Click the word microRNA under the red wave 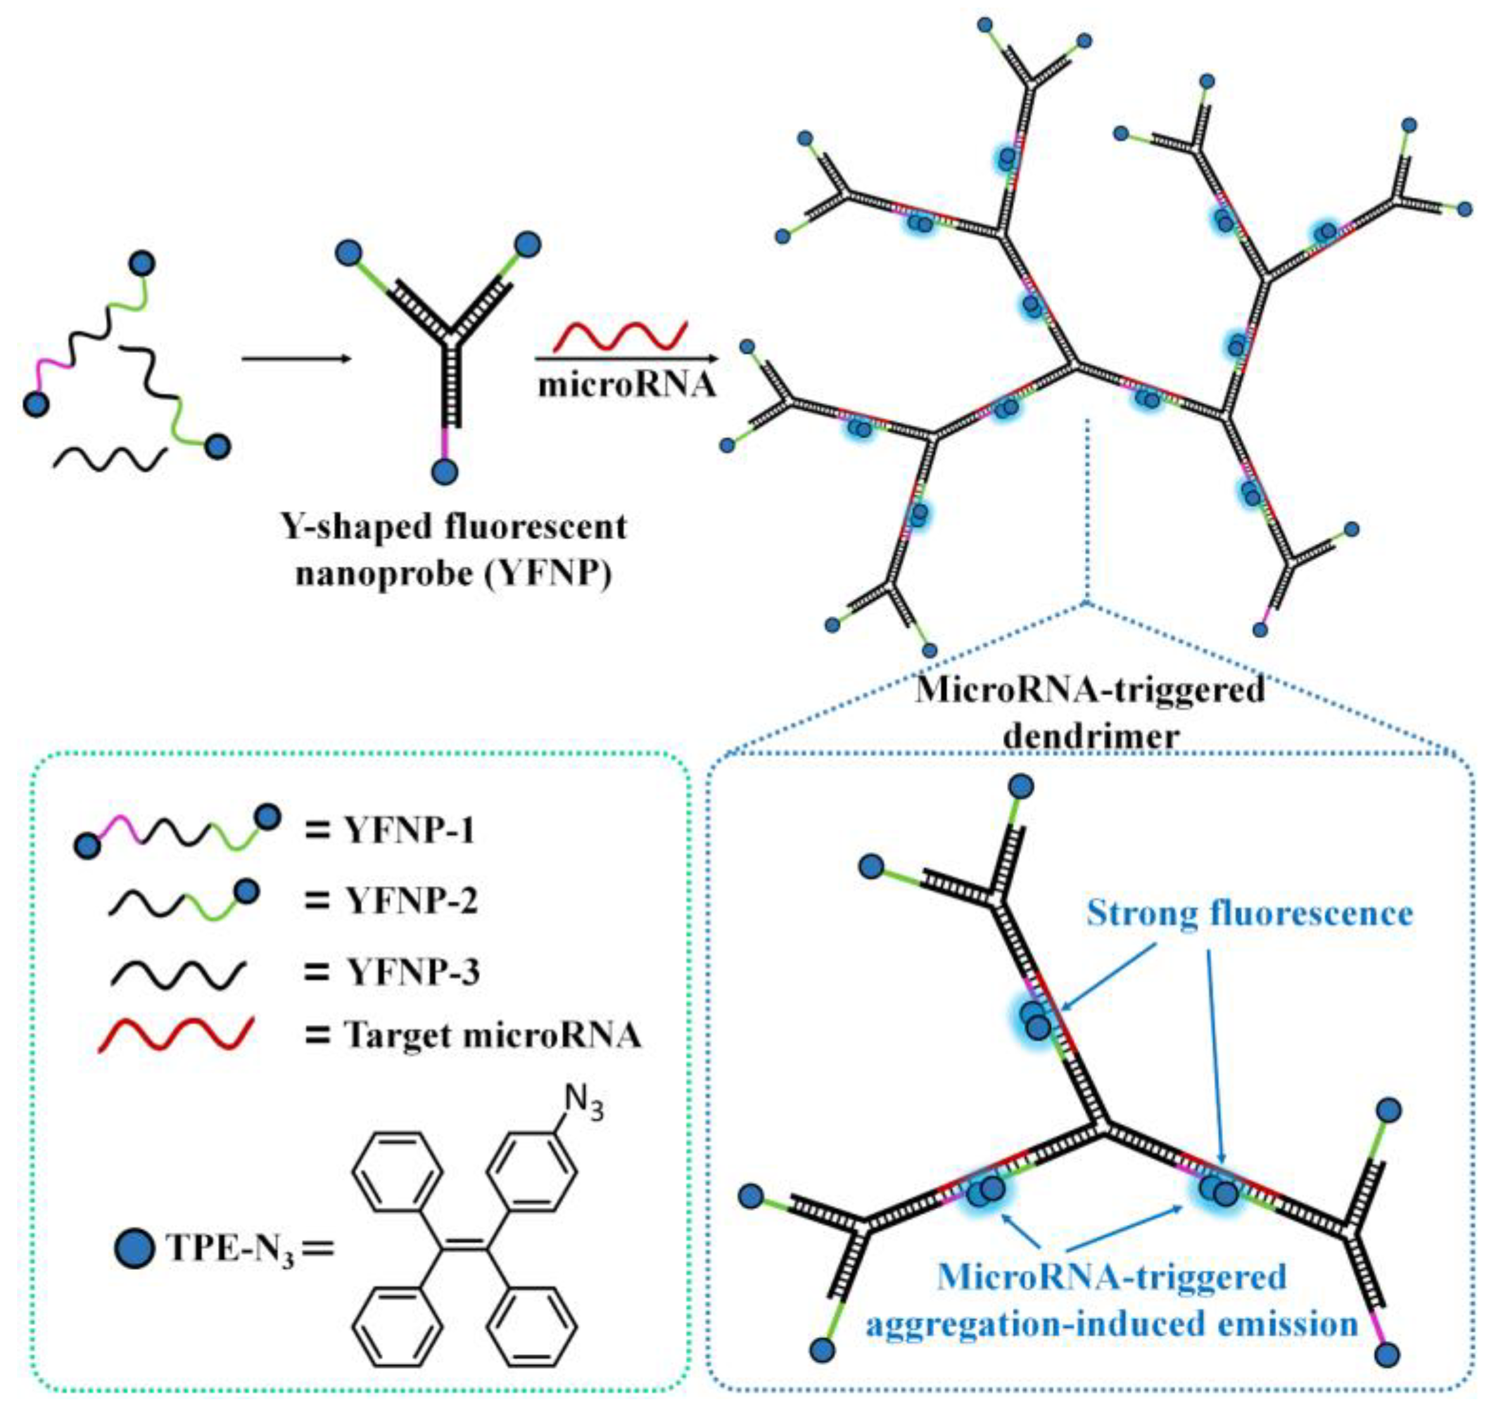click(626, 385)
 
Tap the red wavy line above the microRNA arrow click(621, 336)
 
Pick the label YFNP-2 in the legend click(411, 900)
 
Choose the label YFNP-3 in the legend click(412, 972)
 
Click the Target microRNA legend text click(492, 1035)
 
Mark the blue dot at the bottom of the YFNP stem click(445, 472)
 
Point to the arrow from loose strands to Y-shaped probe click(297, 360)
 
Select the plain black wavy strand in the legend click(178, 973)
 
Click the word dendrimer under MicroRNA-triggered click(1090, 736)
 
